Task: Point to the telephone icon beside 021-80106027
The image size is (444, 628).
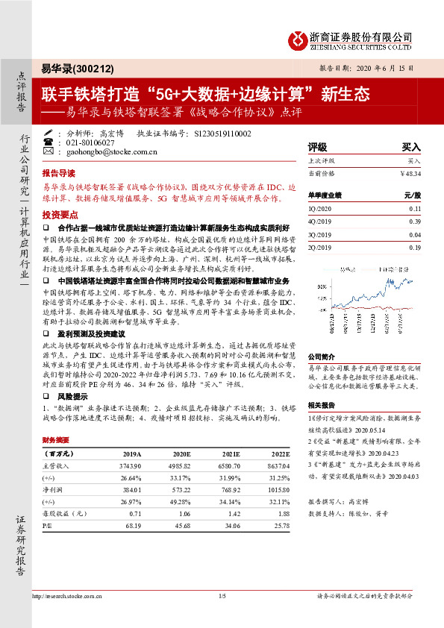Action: [49, 142]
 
